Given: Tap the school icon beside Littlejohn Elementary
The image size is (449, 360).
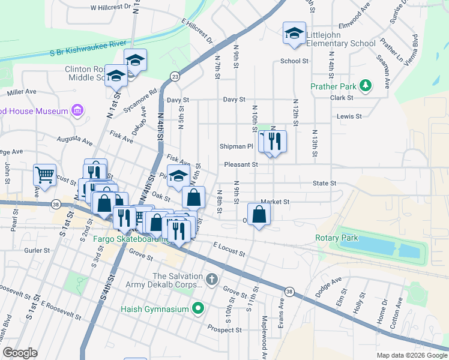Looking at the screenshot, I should tap(295, 34).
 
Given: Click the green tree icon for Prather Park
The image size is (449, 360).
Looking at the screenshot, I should tap(364, 86).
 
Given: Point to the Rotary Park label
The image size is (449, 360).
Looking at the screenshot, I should tap(337, 238).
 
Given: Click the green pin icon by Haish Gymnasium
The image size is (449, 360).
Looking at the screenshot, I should tap(197, 310).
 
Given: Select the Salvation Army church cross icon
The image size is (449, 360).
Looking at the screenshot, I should tap(211, 280).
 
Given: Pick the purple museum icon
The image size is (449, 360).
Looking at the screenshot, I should tap(77, 110).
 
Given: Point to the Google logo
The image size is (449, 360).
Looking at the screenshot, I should tap(20, 353).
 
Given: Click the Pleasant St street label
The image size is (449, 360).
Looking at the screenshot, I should tap(241, 164).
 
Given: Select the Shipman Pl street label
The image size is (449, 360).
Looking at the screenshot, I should tap(237, 146).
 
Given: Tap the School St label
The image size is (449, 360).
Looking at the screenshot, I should tap(294, 61).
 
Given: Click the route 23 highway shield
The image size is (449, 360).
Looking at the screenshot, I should tap(175, 76).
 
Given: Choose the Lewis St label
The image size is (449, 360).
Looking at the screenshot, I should tap(349, 116).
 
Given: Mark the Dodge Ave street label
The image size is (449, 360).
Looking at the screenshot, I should tap(328, 283).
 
